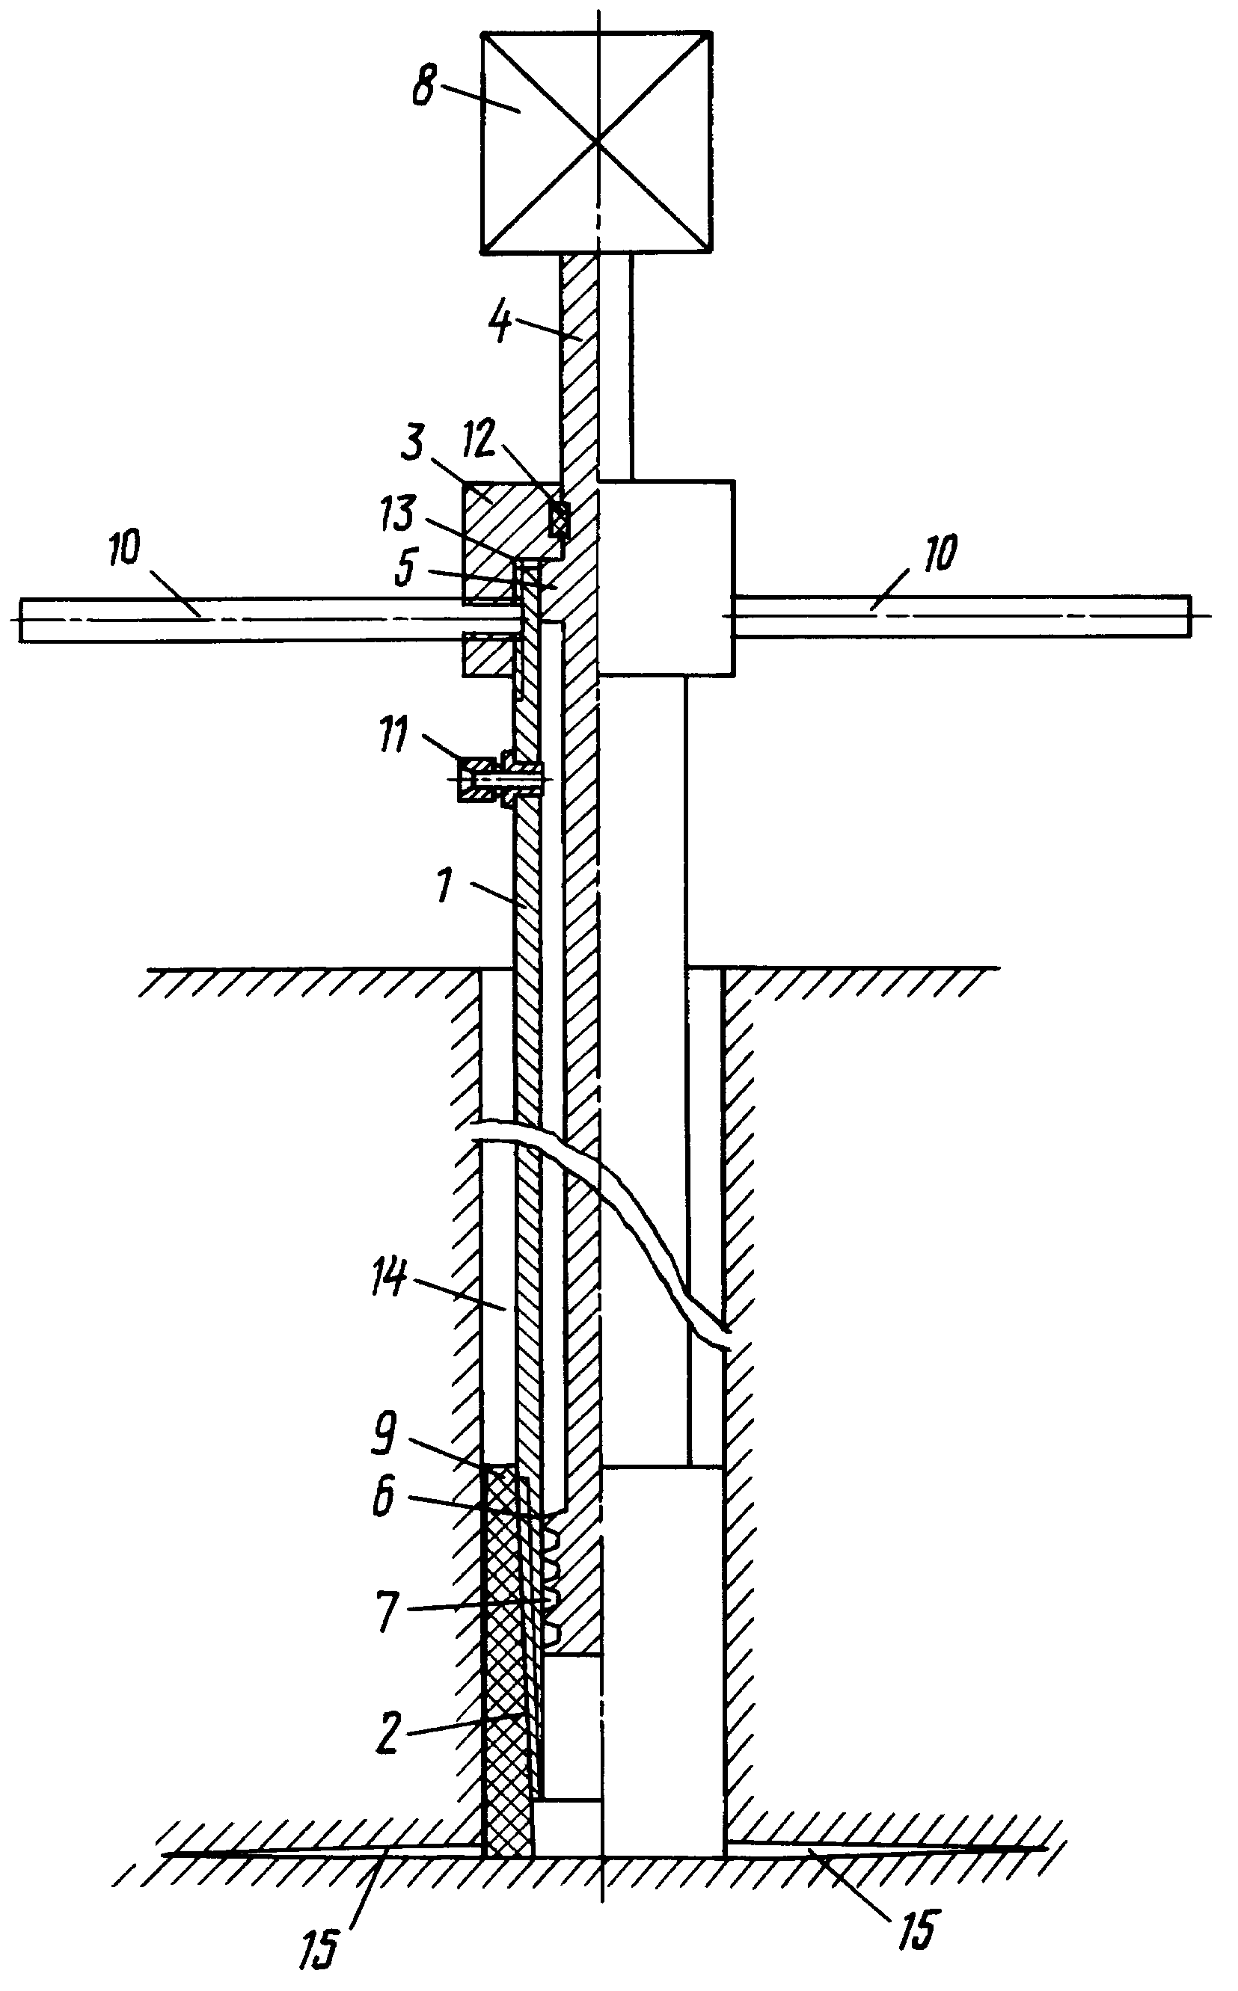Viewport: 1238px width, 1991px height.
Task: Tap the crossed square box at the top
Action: pyautogui.click(x=597, y=141)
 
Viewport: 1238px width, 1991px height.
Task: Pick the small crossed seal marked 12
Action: pyautogui.click(x=560, y=519)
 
